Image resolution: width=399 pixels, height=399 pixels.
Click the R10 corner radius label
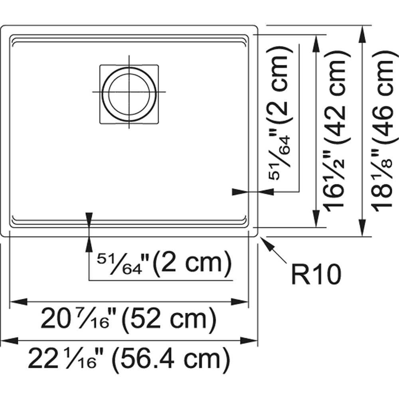pyautogui.click(x=316, y=274)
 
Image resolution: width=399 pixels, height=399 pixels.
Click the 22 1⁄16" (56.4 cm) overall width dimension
pyautogui.click(x=129, y=359)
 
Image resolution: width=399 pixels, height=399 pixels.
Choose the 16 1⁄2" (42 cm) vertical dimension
pyautogui.click(x=337, y=131)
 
